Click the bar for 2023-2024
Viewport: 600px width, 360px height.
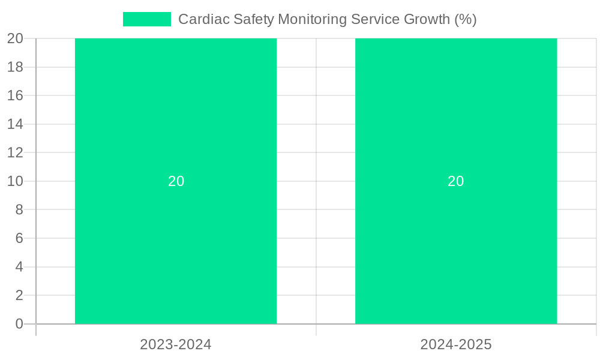click(x=176, y=240)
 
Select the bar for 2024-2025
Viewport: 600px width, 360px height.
click(x=456, y=240)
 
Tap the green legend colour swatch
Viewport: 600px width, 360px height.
click(x=147, y=19)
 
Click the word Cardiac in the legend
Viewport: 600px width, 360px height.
click(x=201, y=19)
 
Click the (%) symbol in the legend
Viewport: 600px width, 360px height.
click(x=465, y=19)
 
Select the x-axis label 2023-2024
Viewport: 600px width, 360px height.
click(x=176, y=344)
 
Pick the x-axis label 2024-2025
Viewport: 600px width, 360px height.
click(x=456, y=344)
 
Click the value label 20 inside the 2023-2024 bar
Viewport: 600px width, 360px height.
click(x=176, y=181)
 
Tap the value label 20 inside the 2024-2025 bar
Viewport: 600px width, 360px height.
click(x=456, y=181)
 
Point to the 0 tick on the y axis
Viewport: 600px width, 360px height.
click(x=19, y=324)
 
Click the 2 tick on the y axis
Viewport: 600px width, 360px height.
click(x=19, y=295)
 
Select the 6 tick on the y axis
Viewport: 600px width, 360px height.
click(x=19, y=238)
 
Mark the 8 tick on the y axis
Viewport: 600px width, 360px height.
click(x=19, y=209)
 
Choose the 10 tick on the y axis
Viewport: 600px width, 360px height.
click(x=15, y=181)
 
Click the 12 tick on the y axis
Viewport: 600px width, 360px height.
click(x=15, y=152)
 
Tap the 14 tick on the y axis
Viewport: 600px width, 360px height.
click(x=15, y=124)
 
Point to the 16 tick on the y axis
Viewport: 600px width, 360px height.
click(x=15, y=95)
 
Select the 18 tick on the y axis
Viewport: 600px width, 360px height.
click(x=15, y=67)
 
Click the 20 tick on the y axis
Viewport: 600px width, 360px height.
click(x=15, y=38)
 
